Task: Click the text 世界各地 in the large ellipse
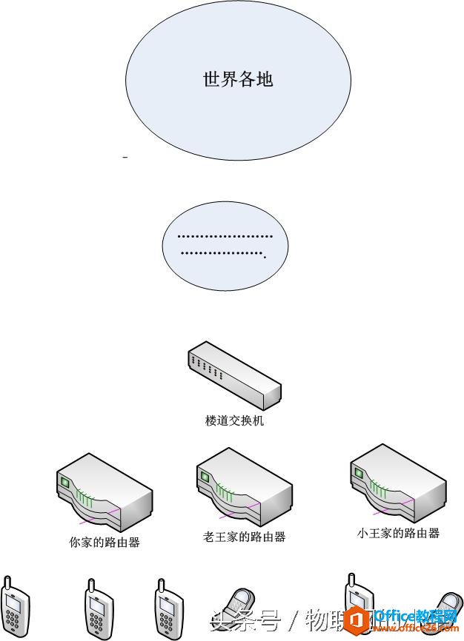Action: point(238,79)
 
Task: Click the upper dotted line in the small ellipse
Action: point(225,238)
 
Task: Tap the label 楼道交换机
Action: point(234,421)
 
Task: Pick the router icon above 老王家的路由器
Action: point(244,489)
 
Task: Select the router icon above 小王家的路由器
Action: point(398,484)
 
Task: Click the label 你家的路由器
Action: point(105,543)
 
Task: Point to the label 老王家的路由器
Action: point(244,537)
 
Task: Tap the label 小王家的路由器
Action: point(398,533)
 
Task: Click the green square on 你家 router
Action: point(64,483)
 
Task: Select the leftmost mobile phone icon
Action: point(15,608)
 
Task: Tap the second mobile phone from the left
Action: point(96,611)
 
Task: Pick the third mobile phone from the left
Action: point(169,611)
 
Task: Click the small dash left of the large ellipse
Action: point(125,158)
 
